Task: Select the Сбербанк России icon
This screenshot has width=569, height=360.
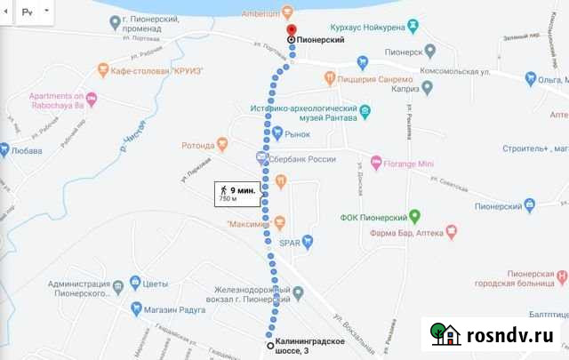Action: (x=261, y=158)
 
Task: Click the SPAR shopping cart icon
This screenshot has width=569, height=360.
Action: (x=308, y=241)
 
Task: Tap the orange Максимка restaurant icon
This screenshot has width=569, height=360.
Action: (x=279, y=220)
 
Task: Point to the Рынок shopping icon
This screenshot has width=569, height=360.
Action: (x=277, y=133)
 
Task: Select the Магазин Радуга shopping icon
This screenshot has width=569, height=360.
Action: (x=136, y=308)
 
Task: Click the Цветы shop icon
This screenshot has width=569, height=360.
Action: (x=136, y=284)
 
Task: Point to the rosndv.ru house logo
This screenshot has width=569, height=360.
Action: (x=446, y=334)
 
